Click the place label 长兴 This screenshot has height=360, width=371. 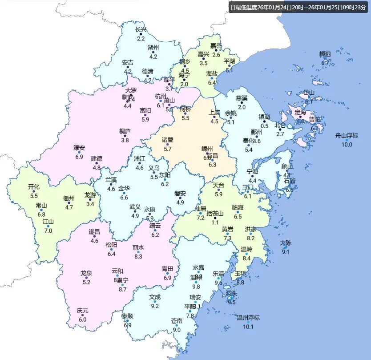coord(141,30)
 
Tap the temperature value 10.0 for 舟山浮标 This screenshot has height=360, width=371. coord(347,144)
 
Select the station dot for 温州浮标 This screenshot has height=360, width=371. coord(248,322)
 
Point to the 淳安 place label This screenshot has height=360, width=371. coord(79,148)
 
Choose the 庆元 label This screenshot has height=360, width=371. coord(82,310)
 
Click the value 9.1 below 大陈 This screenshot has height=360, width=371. coord(285,252)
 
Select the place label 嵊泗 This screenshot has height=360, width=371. coord(325,54)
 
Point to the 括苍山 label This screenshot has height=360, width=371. coord(215,213)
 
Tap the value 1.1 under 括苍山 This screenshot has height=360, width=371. coord(215,222)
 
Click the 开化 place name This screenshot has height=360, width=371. coord(34,187)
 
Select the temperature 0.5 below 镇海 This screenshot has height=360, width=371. coord(264,126)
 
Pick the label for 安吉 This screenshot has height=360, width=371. coord(128,63)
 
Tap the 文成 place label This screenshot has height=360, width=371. coord(155,297)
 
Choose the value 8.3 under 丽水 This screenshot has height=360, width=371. coord(138,256)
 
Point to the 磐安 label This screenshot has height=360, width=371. coord(180,194)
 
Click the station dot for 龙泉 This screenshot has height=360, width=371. coord(86,277)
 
